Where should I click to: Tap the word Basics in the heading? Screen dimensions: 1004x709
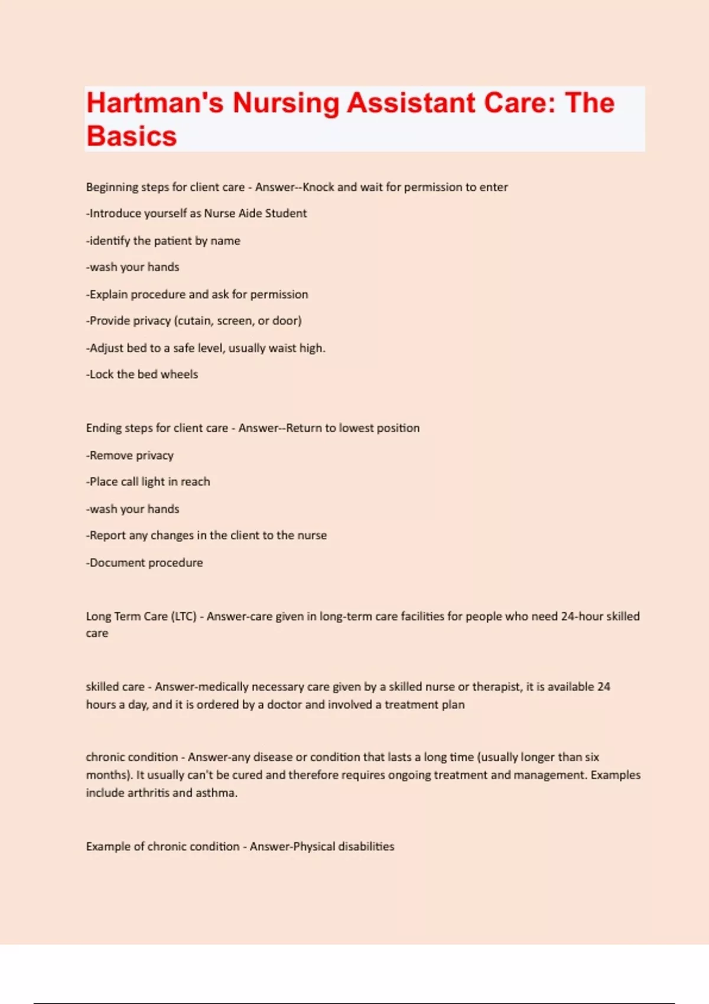click(131, 136)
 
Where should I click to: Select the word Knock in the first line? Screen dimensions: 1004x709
click(318, 187)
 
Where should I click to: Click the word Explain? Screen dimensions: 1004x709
click(108, 294)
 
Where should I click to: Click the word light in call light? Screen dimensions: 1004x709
click(153, 482)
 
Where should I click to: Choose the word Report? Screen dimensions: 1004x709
click(107, 536)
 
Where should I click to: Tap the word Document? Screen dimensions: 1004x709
click(117, 563)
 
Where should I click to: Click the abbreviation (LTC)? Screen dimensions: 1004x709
click(184, 617)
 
